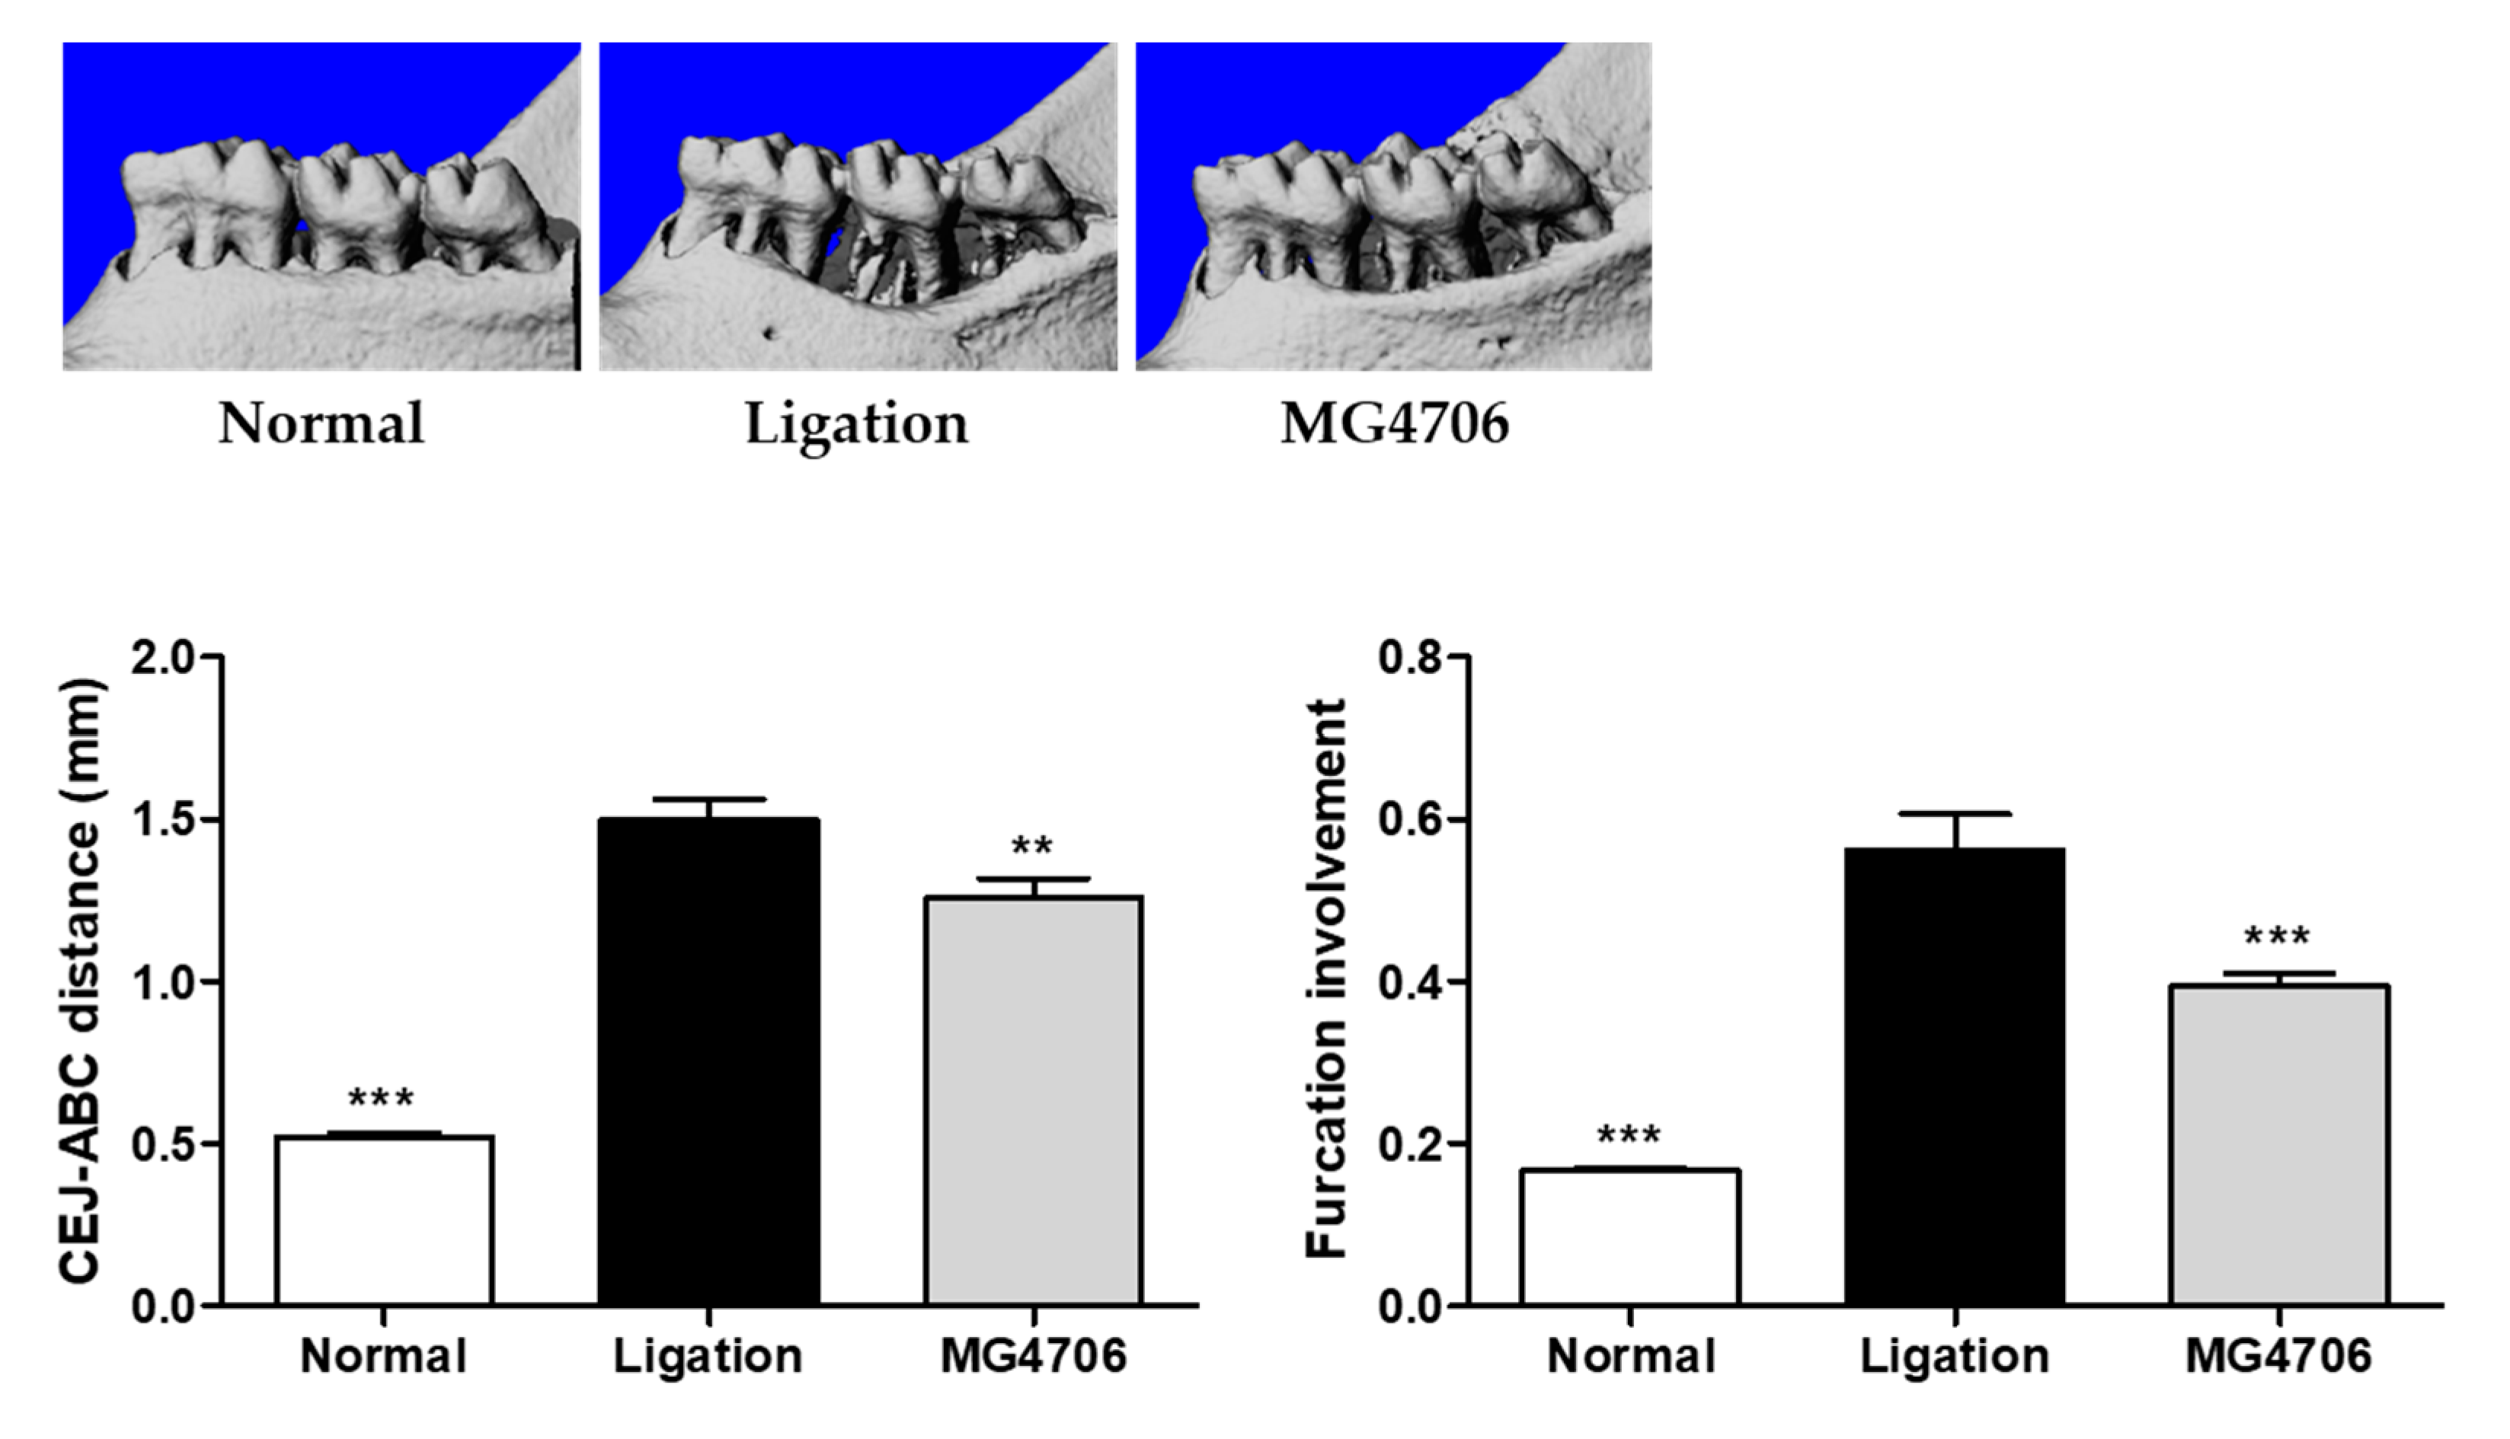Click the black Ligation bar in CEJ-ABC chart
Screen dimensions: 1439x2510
(708, 1062)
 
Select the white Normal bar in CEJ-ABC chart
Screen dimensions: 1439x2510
(384, 1220)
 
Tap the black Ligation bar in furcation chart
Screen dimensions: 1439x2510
(1955, 1077)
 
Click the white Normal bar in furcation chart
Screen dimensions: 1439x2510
(1630, 1237)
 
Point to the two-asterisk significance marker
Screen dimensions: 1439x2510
(1032, 847)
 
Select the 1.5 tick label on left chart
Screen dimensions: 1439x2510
(164, 820)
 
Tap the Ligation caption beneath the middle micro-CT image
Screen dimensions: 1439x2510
(856, 425)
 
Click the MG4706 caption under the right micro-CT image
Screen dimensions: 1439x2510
(1394, 425)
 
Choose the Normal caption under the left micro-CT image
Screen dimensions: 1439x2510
(321, 425)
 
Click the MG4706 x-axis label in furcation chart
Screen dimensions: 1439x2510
(2278, 1356)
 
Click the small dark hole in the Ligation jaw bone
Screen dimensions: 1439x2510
(770, 333)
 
